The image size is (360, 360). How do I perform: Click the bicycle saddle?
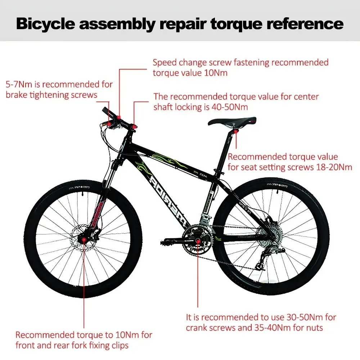[x=232, y=121]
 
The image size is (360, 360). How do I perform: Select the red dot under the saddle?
[x=236, y=132]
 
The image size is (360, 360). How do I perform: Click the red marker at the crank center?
[x=197, y=240]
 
